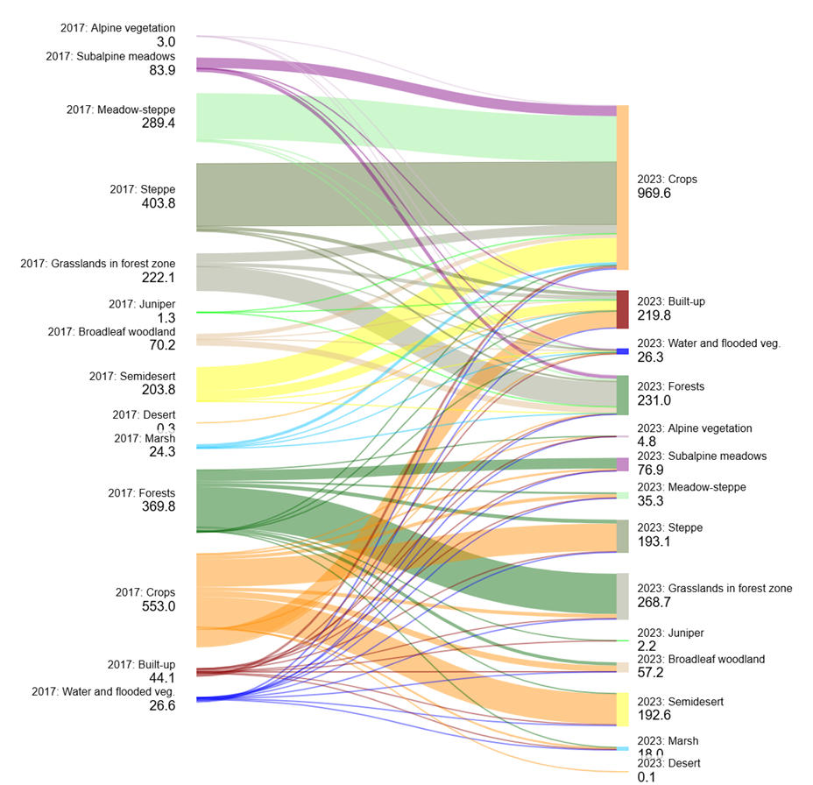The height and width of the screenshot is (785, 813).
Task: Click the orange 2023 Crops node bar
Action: tap(622, 187)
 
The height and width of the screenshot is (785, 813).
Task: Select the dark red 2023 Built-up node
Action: tap(622, 309)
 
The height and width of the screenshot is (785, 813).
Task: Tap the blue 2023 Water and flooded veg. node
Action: tap(622, 351)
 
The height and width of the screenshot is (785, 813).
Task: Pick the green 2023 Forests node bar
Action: tap(622, 394)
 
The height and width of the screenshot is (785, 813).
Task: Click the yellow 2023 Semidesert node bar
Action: tap(622, 709)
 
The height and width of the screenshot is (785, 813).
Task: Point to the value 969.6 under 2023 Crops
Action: tap(654, 194)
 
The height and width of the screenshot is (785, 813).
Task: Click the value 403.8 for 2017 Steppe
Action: tap(159, 203)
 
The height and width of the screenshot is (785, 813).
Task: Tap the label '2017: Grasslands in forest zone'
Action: tap(98, 264)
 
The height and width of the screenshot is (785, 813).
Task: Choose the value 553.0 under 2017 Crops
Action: tap(159, 606)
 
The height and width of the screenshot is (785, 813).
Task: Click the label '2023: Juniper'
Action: tap(670, 633)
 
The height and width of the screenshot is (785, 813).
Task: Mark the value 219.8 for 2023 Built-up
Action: tap(654, 315)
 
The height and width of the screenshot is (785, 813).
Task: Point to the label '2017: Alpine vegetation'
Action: tap(117, 28)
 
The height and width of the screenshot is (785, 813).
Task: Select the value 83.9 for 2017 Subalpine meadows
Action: tap(159, 70)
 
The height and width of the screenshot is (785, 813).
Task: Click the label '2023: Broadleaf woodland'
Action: tap(701, 659)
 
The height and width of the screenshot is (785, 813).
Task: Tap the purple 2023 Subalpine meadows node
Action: tap(622, 464)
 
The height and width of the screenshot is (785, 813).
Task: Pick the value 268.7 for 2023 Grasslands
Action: tap(654, 603)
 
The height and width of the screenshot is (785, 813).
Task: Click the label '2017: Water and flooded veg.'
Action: tap(103, 691)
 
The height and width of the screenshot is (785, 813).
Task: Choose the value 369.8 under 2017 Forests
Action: tap(159, 506)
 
